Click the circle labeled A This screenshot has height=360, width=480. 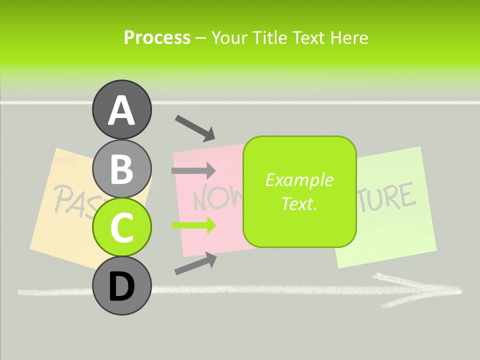click(122, 109)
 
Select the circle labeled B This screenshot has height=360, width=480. click(122, 168)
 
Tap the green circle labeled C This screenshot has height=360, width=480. click(122, 227)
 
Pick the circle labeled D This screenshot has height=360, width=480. click(122, 286)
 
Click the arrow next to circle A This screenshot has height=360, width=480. click(195, 127)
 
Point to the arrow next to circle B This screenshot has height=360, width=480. click(193, 171)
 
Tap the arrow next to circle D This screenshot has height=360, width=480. click(195, 263)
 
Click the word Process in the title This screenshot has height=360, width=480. click(157, 37)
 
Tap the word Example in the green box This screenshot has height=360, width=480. click(299, 180)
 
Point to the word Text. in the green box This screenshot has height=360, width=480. click(299, 203)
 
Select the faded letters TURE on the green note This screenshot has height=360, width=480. click(387, 196)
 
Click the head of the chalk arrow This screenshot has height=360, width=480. click(440, 289)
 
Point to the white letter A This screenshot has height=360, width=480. click(122, 110)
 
